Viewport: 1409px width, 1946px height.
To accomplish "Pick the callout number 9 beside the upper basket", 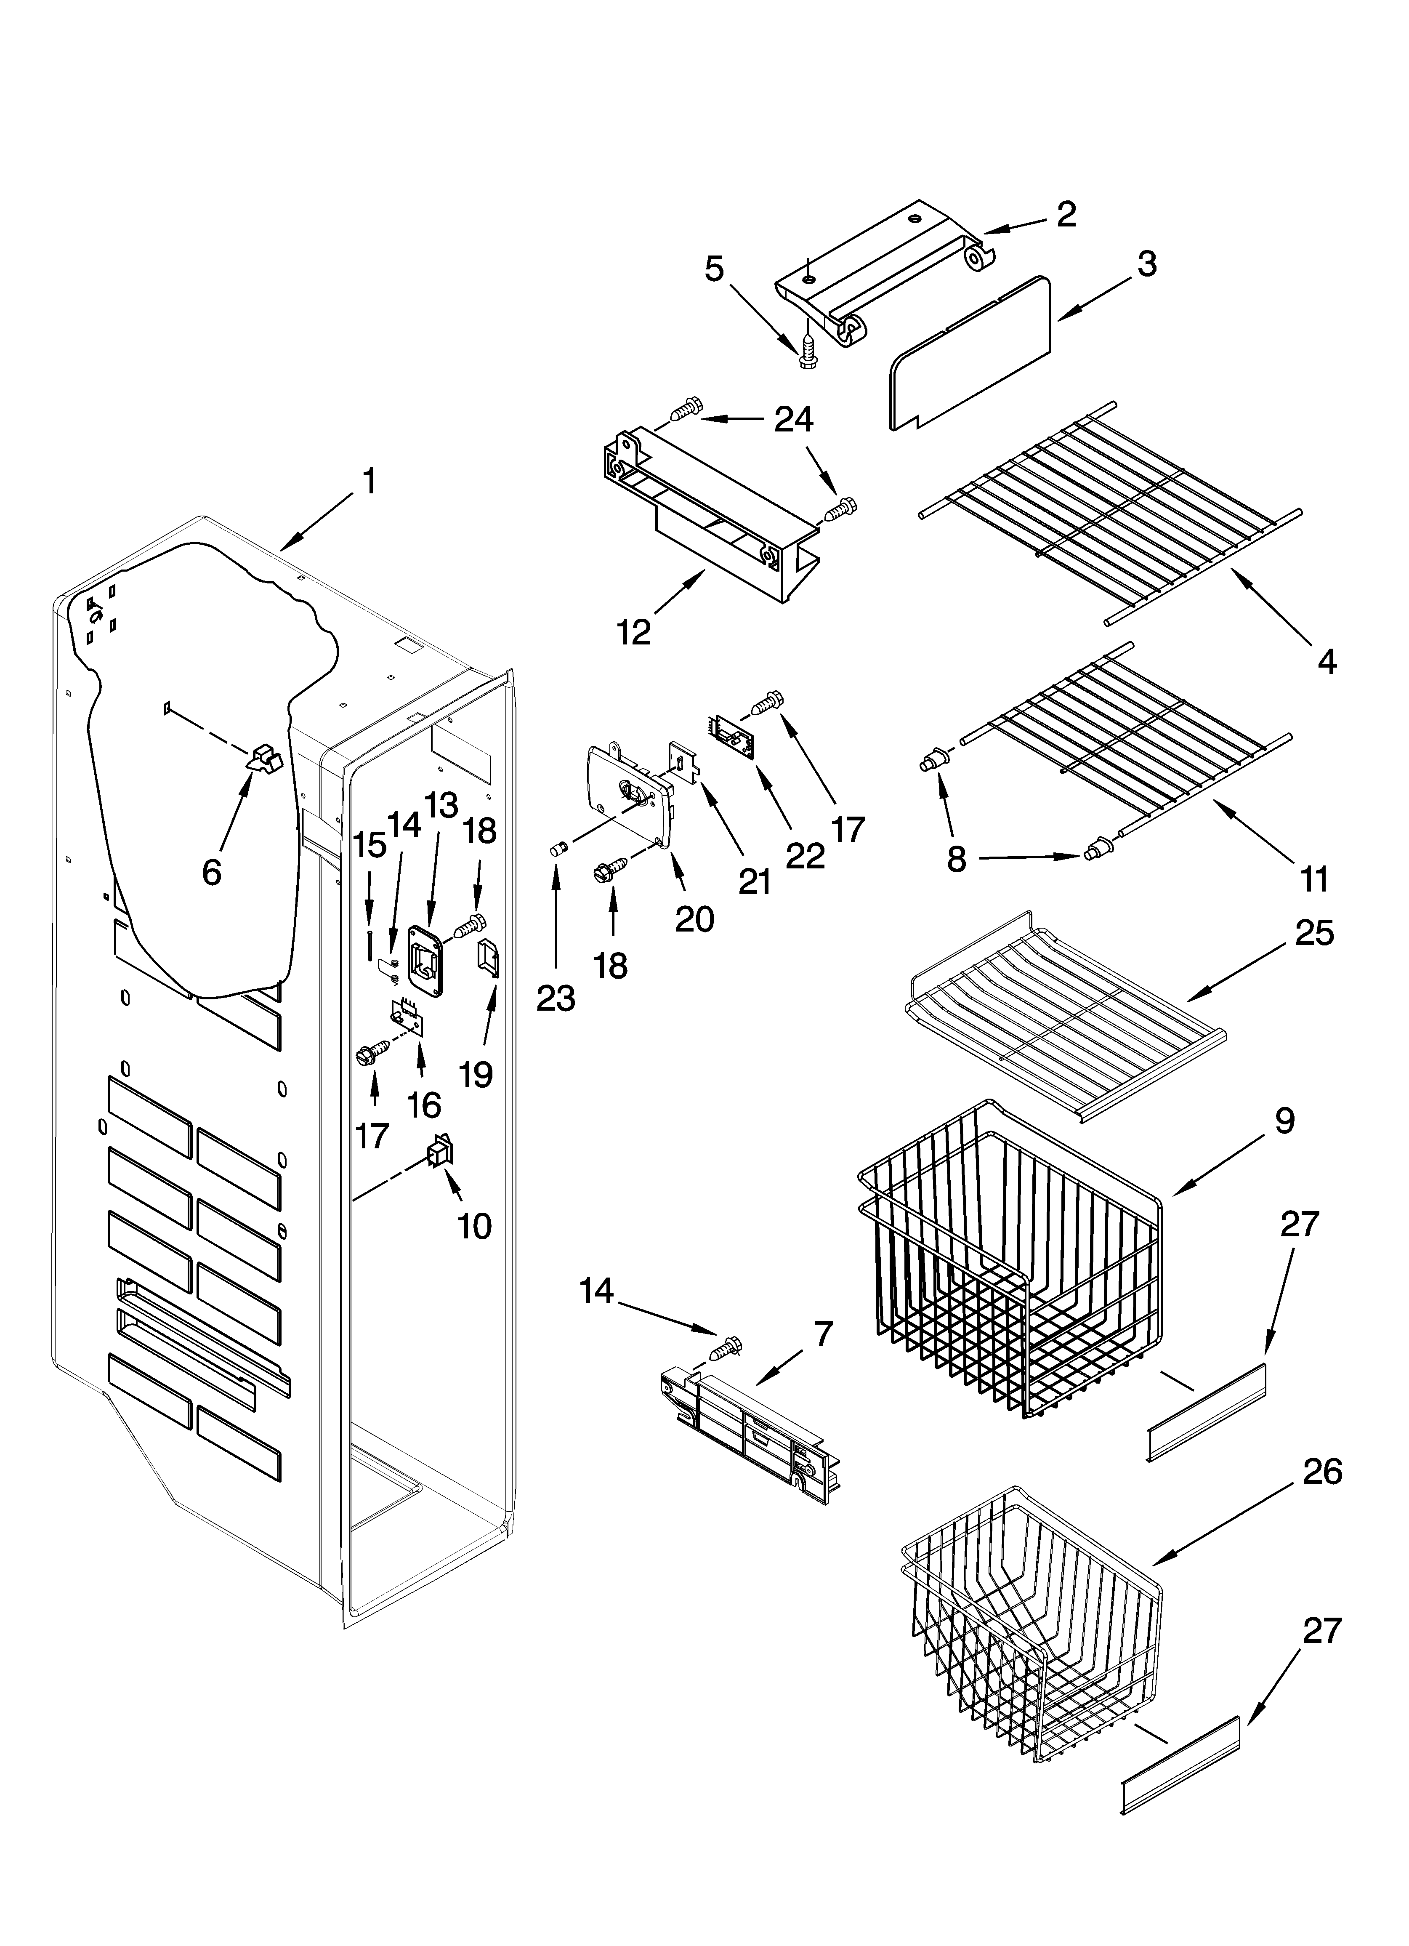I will tap(1284, 1121).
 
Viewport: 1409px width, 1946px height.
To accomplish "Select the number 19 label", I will tap(476, 1073).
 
